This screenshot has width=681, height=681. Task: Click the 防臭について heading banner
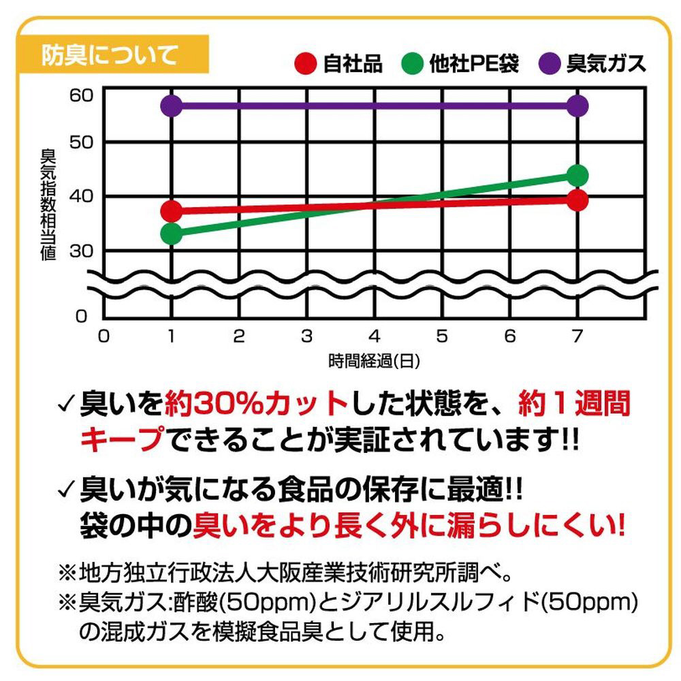[x=109, y=54]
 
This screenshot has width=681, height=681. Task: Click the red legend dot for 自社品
[x=306, y=64]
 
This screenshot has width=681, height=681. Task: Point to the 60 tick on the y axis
[x=80, y=94]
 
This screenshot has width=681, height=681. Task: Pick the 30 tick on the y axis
[x=80, y=251]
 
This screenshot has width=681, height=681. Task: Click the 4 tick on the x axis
[x=374, y=336]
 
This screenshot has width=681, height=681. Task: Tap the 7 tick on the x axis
[x=577, y=336]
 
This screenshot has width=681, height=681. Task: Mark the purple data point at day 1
[x=172, y=106]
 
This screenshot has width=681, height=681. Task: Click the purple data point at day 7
[x=577, y=106]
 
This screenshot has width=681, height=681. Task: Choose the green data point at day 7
[x=577, y=176]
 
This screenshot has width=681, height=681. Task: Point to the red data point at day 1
[x=172, y=210]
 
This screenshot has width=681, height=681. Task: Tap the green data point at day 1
[x=172, y=234]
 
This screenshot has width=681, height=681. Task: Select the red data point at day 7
[x=577, y=200]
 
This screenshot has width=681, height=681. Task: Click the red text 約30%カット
[x=255, y=405]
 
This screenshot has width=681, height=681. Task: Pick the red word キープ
[x=123, y=439]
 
